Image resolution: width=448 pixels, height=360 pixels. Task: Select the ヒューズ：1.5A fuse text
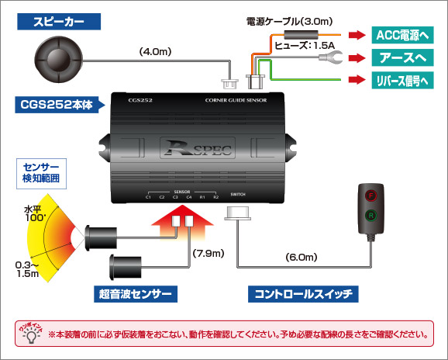coord(304,45)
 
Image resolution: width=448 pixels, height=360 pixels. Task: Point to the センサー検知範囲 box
coord(40,172)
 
